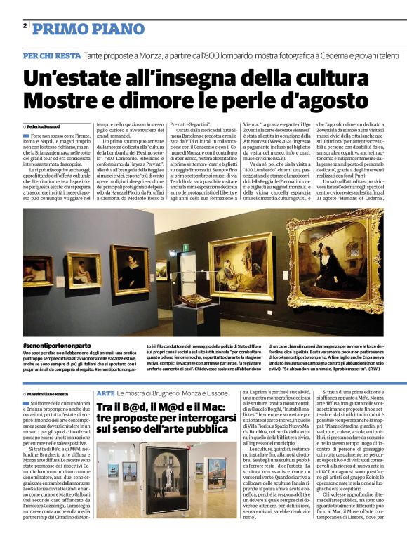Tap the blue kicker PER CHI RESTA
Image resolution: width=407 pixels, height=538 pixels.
[x=51, y=55]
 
